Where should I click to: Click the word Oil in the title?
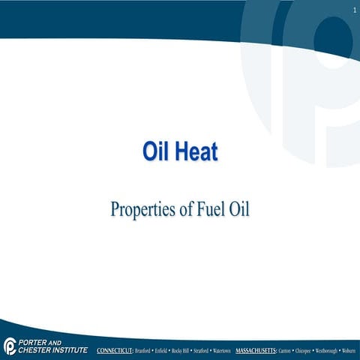coord(155,151)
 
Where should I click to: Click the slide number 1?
coord(352,9)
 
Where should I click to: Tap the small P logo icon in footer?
coord(9,345)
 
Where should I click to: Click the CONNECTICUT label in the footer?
coord(115,350)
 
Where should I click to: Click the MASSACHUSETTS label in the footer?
coord(256,350)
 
